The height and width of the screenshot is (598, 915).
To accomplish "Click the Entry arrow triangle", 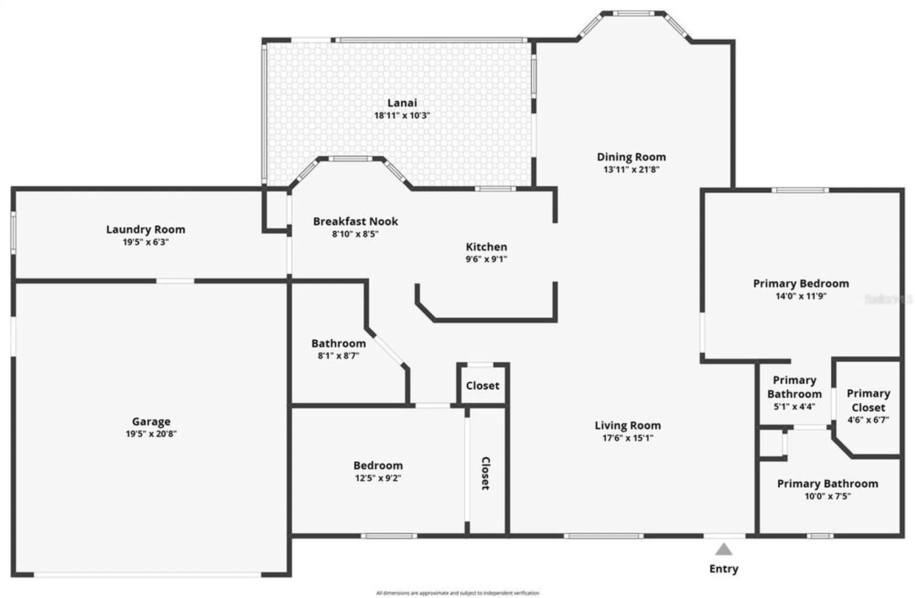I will [x=723, y=549].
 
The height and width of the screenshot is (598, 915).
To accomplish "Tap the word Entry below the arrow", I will [x=724, y=569].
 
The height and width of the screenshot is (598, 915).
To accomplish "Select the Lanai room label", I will [x=402, y=103].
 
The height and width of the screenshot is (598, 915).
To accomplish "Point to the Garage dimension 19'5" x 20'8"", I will [x=151, y=434].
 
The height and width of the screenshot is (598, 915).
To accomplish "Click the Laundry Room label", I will [x=145, y=229].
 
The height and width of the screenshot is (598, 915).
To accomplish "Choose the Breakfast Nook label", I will [x=355, y=222].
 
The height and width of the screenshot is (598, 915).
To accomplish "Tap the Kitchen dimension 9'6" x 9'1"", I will [x=486, y=259].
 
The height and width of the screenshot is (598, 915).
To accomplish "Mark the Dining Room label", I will [x=631, y=157].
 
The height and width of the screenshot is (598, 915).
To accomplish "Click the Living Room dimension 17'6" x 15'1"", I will [x=628, y=438].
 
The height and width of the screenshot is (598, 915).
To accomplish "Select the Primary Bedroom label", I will [x=801, y=283].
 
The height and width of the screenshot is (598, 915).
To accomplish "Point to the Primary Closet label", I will [x=868, y=400].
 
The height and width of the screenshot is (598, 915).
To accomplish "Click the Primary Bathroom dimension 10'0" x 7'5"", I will [x=828, y=496].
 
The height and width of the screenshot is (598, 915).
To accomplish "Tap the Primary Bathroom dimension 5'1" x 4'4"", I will [x=794, y=406].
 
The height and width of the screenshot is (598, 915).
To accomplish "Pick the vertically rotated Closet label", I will [x=486, y=473].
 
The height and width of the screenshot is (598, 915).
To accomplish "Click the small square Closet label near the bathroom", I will [x=483, y=386].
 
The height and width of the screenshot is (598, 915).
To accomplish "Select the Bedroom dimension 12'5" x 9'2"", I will [x=378, y=478].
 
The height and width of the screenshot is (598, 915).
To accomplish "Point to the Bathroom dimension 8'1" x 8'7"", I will [x=339, y=356].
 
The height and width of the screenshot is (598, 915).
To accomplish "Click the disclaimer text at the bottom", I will [x=457, y=593].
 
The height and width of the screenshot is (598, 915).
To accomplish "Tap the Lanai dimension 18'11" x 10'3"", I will [x=402, y=115].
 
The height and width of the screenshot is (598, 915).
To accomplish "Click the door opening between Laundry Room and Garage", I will [x=175, y=281].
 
